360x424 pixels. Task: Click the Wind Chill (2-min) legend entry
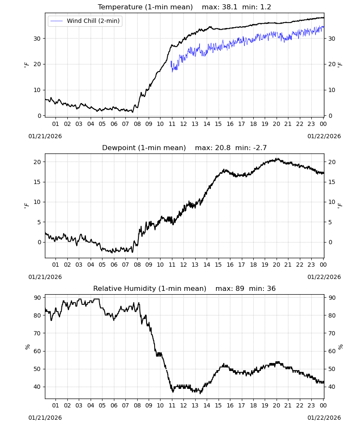pyautogui.click(x=85, y=21)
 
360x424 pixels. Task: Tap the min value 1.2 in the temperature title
pyautogui.click(x=265, y=7)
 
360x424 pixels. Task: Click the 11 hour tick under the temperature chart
pyautogui.click(x=172, y=124)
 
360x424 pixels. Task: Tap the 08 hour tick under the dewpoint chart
pyautogui.click(x=137, y=265)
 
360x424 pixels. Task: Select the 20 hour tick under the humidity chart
pyautogui.click(x=276, y=405)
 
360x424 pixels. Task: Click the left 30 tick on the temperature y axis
pyautogui.click(x=37, y=39)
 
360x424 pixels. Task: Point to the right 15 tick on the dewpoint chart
pyautogui.click(x=332, y=182)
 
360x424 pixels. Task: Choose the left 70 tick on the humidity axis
pyautogui.click(x=37, y=333)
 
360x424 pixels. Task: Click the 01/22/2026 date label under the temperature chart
pyautogui.click(x=324, y=136)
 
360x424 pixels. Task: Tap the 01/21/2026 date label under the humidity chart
pyautogui.click(x=45, y=418)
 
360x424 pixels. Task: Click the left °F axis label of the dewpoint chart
pyautogui.click(x=26, y=206)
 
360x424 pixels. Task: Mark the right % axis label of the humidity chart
pyautogui.click(x=340, y=347)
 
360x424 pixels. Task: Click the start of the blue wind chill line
pyautogui.click(x=171, y=61)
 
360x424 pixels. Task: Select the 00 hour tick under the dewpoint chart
pyautogui.click(x=323, y=265)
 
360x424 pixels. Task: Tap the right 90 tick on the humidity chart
pyautogui.click(x=332, y=298)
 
